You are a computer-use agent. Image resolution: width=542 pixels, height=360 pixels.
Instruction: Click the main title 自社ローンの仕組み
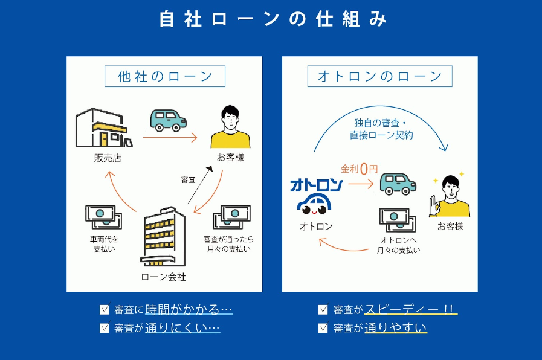(273, 19)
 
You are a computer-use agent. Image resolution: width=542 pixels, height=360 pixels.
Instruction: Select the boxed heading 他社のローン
(164, 77)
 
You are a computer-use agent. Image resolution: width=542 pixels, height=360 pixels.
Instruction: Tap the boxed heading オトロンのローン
(379, 77)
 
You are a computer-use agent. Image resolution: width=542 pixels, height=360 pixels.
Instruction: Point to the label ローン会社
(164, 277)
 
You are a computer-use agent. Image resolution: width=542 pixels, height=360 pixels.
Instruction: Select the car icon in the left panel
(169, 120)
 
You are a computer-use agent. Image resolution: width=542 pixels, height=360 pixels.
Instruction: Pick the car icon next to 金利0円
(398, 184)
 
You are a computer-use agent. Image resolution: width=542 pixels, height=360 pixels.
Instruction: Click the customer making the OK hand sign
(450, 196)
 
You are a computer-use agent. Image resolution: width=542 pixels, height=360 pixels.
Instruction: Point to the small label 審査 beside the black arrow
(188, 179)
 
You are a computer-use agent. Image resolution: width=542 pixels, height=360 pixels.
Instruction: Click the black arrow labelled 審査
(200, 187)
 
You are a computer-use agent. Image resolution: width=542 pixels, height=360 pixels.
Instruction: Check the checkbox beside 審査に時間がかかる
(105, 310)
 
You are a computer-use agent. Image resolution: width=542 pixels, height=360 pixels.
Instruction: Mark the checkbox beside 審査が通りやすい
(323, 328)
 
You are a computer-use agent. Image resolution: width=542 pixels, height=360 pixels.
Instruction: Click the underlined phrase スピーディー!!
(410, 309)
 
